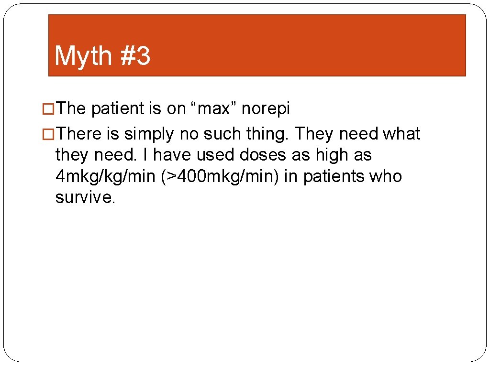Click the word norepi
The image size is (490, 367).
(266, 109)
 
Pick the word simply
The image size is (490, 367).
(149, 134)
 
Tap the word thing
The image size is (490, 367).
(266, 134)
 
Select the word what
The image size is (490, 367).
(401, 134)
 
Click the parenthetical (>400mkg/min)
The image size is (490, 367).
(220, 177)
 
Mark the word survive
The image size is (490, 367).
(85, 197)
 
